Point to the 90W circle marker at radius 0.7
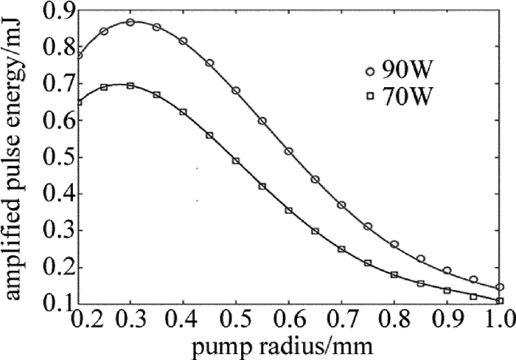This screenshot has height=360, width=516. click(x=341, y=204)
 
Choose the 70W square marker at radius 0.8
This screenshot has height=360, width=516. click(x=394, y=274)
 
